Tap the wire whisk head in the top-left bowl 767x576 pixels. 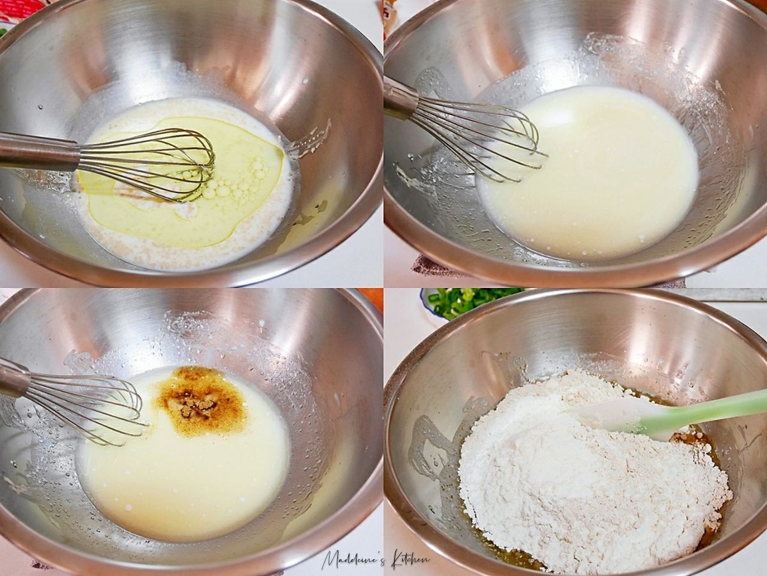click(147, 164)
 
